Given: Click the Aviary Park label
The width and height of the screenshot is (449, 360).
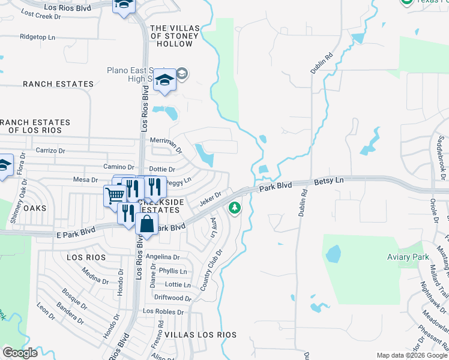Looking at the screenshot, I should (x=408, y=257).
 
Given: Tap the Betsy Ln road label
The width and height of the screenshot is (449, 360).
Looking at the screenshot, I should (x=329, y=181).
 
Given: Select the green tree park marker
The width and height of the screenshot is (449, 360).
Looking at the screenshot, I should (x=234, y=208).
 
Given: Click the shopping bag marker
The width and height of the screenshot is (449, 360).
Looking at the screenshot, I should (x=146, y=224).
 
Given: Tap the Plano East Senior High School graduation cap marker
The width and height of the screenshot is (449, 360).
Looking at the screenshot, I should (x=164, y=81).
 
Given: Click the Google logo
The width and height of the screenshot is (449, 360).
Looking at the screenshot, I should (x=20, y=353).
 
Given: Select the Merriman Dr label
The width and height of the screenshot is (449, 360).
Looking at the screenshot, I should (x=166, y=142).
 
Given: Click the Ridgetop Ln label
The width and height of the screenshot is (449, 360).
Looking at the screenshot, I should (x=37, y=37).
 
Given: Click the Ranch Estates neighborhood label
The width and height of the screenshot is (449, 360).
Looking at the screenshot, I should (x=58, y=85).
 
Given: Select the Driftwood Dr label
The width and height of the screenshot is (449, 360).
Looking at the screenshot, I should (x=172, y=298).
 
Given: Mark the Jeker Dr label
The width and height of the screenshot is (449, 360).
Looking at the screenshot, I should (x=211, y=197).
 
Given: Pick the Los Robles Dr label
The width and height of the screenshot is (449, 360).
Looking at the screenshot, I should (x=163, y=312).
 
